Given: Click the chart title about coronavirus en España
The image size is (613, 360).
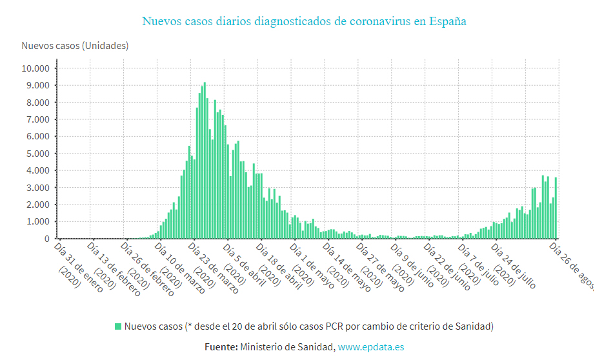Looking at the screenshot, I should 304,21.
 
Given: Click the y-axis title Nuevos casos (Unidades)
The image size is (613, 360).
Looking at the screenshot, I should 75,46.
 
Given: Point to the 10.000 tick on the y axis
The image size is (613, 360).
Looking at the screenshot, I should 35,68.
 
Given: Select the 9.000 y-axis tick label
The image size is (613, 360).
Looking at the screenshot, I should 37,85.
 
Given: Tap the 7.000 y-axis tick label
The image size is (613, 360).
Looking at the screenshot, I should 37,119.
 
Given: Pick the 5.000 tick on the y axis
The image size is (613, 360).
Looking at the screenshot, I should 37,154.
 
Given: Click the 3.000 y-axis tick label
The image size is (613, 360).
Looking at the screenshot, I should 37,188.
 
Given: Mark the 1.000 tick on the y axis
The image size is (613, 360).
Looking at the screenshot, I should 37,222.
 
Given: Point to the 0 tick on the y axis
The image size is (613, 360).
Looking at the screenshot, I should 46,239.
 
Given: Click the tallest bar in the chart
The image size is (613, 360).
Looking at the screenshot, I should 205,161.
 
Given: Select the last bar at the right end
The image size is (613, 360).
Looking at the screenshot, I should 556,208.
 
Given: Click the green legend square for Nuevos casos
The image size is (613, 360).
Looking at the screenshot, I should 118,326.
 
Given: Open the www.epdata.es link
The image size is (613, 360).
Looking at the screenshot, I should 371,347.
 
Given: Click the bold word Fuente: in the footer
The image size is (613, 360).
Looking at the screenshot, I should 221,347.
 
